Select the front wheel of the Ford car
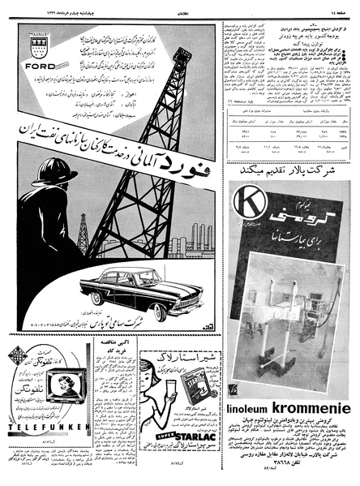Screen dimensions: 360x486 click(x=160, y=312)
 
